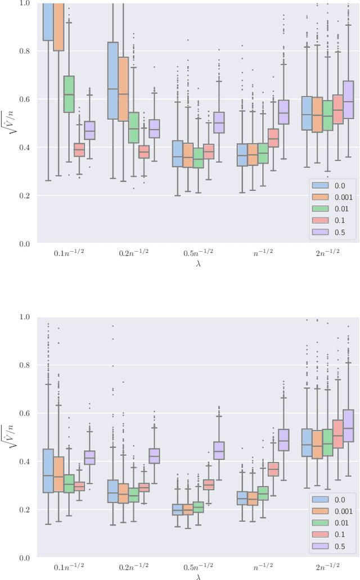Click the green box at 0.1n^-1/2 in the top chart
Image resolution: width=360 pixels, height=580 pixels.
(69, 94)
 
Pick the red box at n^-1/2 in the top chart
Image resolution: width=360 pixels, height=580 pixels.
(274, 138)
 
